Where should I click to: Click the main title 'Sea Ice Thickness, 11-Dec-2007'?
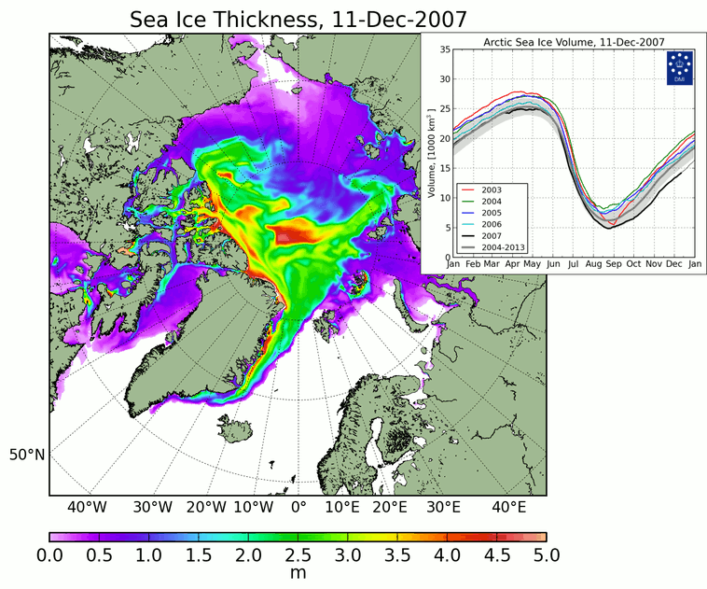point(298,18)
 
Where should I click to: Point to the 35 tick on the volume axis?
point(444,49)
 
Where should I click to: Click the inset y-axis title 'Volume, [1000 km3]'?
point(431,153)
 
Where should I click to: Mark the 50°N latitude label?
point(27,456)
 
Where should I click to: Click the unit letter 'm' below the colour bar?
point(298,572)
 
